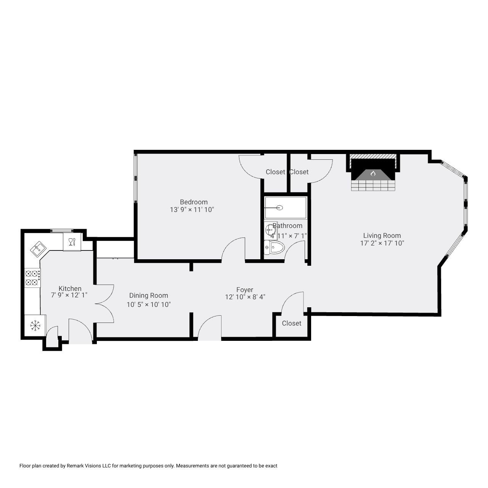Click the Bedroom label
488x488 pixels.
(x=194, y=202)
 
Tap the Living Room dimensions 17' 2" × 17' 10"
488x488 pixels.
(x=382, y=243)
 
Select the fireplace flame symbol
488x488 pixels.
(x=373, y=174)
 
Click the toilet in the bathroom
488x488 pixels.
(x=274, y=248)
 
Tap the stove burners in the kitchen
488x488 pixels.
(x=32, y=278)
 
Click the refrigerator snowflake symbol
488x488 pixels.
(x=35, y=325)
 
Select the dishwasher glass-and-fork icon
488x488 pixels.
(x=72, y=241)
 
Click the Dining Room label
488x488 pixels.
(x=148, y=295)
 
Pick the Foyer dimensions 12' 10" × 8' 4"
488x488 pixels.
(x=245, y=297)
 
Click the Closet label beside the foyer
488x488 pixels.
(x=292, y=323)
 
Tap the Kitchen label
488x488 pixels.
(x=70, y=289)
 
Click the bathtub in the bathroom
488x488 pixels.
(x=286, y=208)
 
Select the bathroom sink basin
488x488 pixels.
(x=270, y=230)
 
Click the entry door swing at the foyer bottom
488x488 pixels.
(x=209, y=328)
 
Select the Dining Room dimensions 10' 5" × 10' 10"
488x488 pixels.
(x=148, y=305)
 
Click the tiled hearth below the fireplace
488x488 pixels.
(x=373, y=186)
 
